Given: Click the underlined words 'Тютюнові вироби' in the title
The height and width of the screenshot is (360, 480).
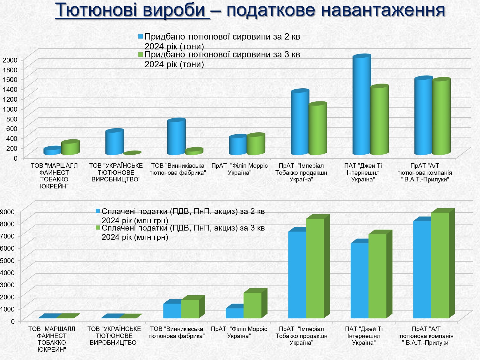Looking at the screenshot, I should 132,10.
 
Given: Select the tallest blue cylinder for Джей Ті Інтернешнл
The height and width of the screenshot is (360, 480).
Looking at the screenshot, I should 361,105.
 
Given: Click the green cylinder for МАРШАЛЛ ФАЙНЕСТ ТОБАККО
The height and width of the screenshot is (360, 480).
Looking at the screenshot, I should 70,148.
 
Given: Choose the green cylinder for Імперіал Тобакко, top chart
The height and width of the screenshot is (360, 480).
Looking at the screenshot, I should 317,129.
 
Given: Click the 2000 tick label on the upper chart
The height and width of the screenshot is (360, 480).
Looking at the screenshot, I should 10,60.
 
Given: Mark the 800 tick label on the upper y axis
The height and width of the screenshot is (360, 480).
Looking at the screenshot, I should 11,119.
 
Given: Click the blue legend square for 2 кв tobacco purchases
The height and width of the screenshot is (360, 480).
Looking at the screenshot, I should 141,37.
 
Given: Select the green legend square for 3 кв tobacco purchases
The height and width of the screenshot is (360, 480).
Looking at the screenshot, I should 141,55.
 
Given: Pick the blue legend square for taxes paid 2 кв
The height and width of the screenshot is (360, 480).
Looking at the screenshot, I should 98,211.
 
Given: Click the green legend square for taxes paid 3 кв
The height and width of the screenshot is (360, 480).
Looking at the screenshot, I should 98,228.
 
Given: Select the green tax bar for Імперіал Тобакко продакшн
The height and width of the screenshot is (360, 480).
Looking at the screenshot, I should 315,268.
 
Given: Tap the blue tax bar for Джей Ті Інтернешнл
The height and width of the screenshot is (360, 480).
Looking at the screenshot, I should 360,281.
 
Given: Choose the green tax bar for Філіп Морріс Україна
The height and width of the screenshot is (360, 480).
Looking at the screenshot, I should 252,305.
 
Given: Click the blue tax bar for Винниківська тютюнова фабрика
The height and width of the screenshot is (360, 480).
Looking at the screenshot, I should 172,311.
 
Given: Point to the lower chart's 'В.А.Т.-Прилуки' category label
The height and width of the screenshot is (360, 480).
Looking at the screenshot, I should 426,336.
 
